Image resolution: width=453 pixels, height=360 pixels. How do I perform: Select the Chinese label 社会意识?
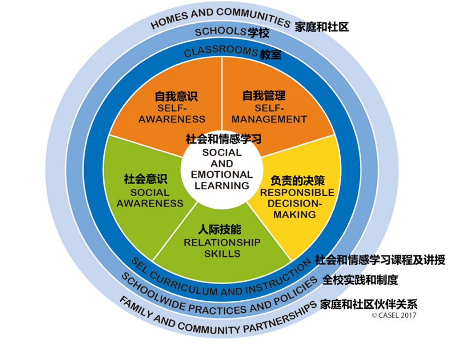(x=145, y=179)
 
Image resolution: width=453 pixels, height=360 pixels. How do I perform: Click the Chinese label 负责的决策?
(x=294, y=180)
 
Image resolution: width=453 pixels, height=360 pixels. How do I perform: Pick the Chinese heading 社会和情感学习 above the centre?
(x=223, y=138)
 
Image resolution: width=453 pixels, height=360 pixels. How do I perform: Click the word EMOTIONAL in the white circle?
(x=222, y=174)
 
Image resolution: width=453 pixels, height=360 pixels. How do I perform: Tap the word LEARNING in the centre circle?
(x=222, y=186)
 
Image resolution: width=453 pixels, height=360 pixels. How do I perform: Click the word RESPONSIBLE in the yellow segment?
(x=296, y=193)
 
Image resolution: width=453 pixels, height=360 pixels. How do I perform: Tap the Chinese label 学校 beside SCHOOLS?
(x=258, y=34)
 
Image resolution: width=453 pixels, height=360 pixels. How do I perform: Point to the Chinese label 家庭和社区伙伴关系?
(x=368, y=304)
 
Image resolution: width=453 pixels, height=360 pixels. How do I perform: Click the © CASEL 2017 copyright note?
(x=394, y=315)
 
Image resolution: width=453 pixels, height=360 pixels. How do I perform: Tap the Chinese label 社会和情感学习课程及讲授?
(x=380, y=260)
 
